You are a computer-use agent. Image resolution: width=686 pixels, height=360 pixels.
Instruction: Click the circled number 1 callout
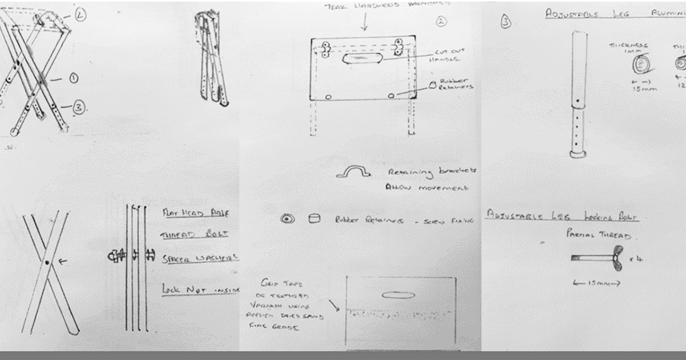click(x=73, y=78)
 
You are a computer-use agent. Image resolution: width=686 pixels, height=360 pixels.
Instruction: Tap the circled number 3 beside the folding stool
click(x=78, y=106)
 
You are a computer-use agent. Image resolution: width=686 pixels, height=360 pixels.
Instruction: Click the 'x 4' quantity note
click(x=636, y=258)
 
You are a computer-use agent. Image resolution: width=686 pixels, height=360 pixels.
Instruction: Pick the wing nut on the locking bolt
click(x=616, y=259)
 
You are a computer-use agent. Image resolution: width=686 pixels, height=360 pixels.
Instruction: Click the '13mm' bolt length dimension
click(x=595, y=283)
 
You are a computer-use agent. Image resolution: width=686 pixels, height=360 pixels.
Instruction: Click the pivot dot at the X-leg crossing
click(x=47, y=262)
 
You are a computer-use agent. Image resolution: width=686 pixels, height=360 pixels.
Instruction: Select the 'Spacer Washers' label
click(x=200, y=258)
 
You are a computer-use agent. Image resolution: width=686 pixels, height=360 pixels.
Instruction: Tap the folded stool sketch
click(x=212, y=60)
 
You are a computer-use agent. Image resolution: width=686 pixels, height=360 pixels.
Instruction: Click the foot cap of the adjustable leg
click(x=578, y=153)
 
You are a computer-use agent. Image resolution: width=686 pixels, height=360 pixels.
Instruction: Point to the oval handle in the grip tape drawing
click(x=397, y=295)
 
